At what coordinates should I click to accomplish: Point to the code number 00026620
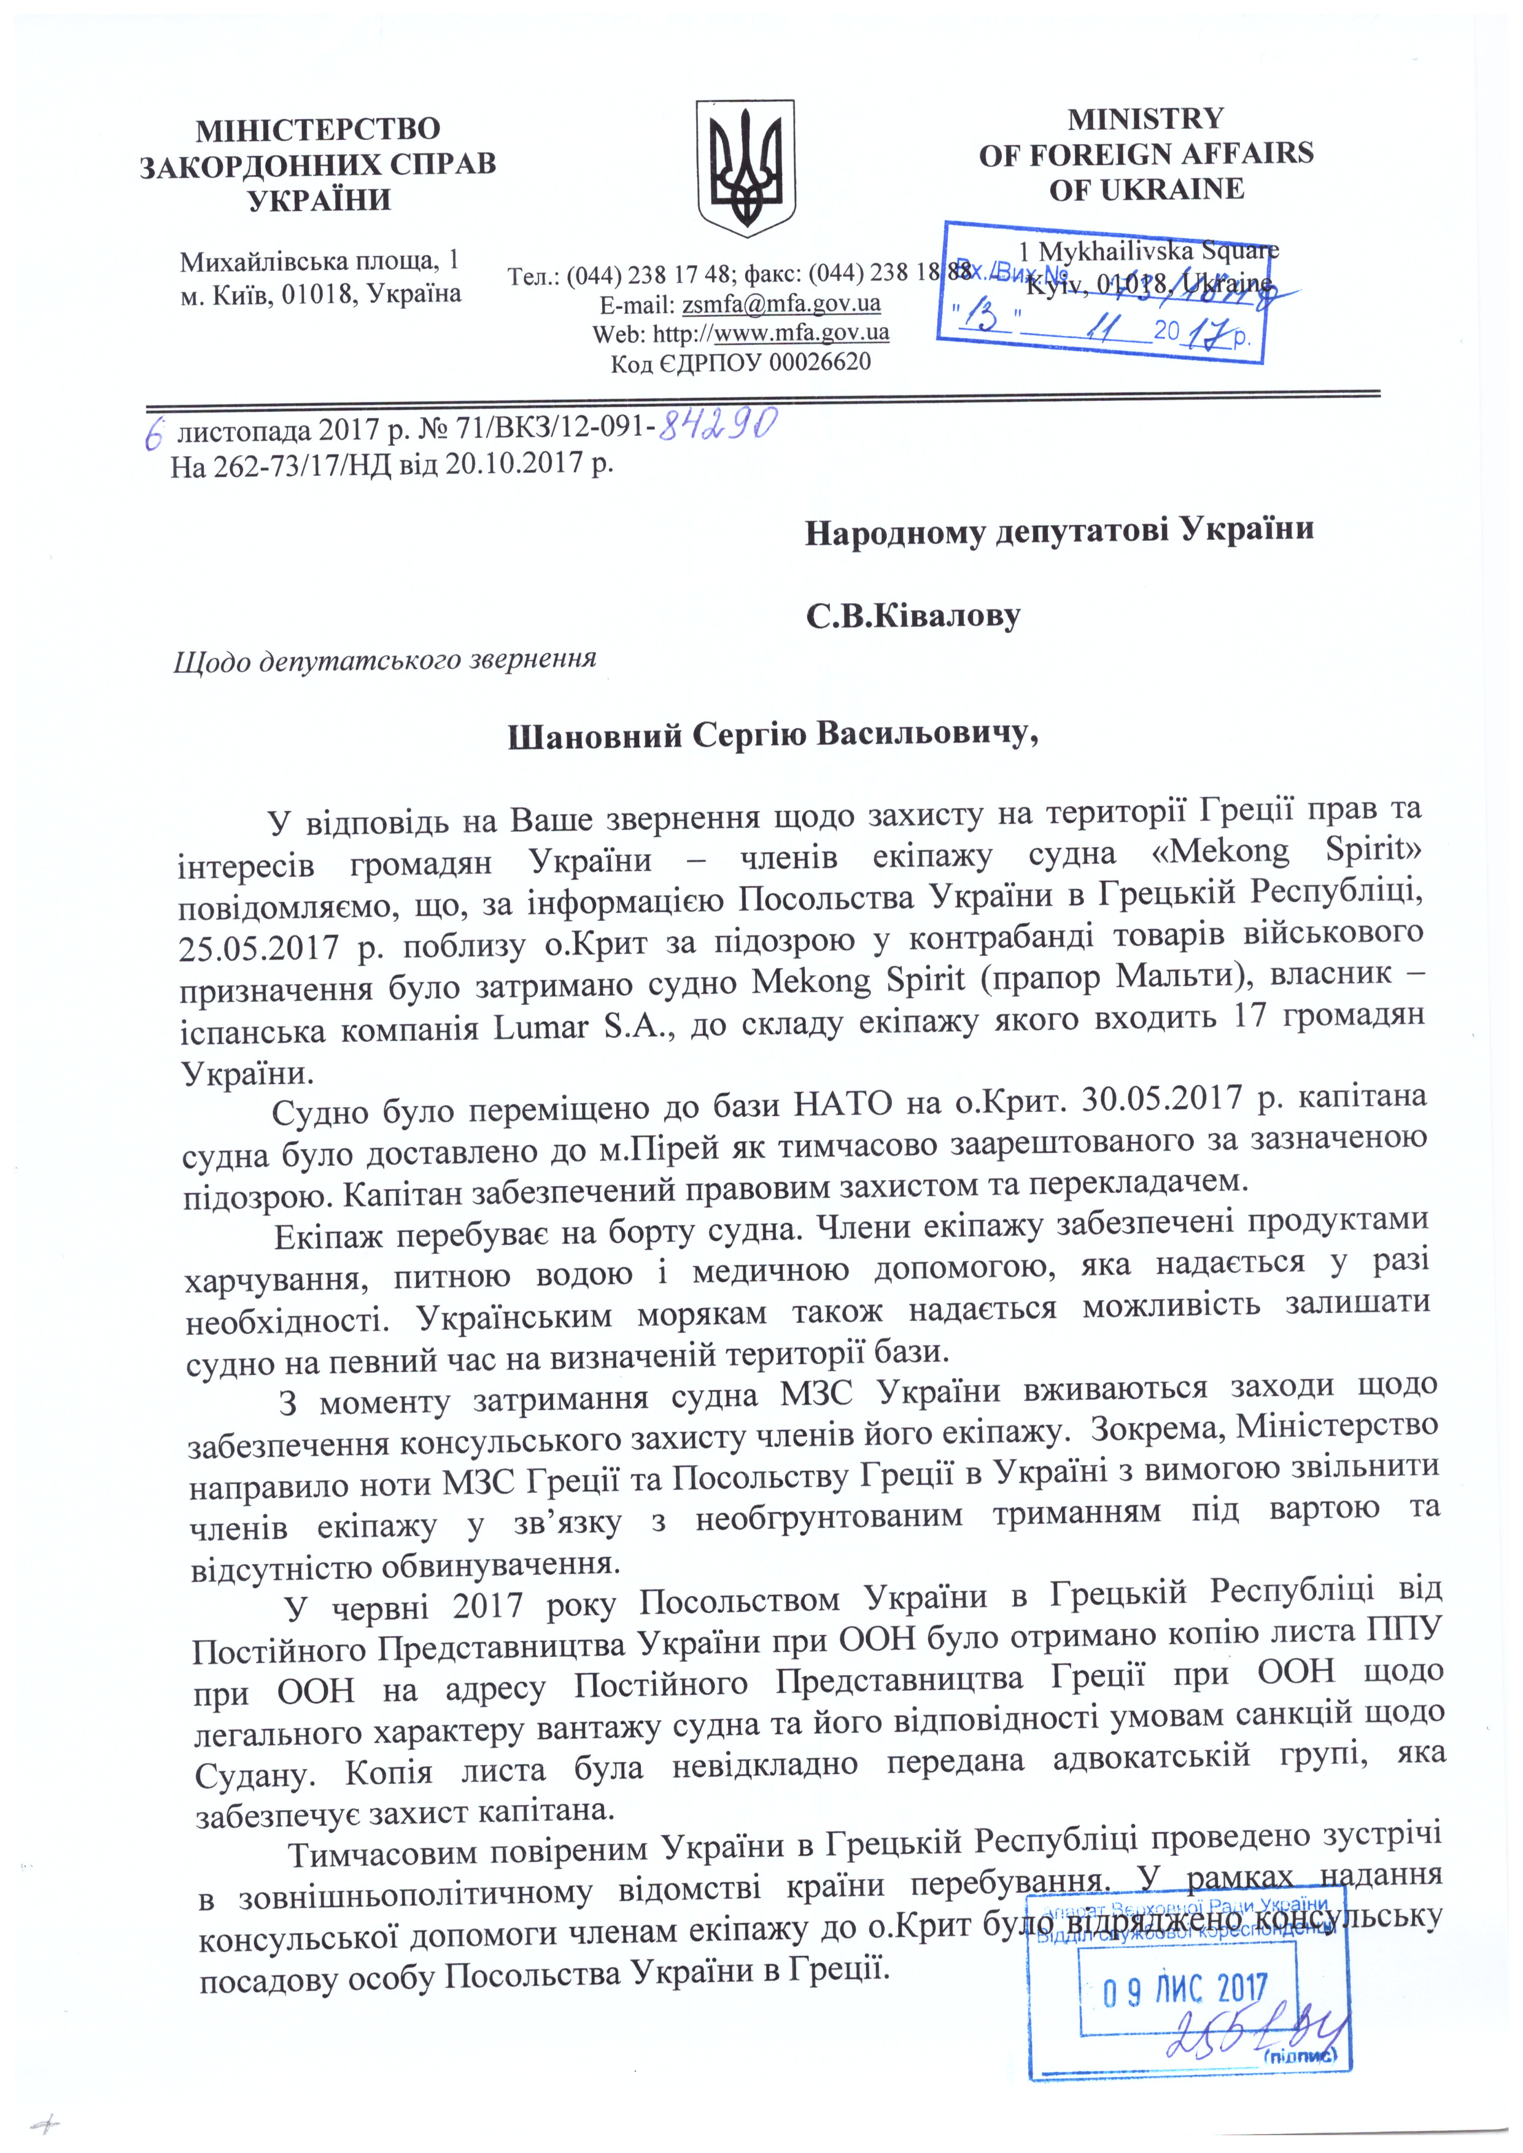tap(820, 362)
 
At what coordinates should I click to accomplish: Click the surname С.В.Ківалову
tap(912, 616)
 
